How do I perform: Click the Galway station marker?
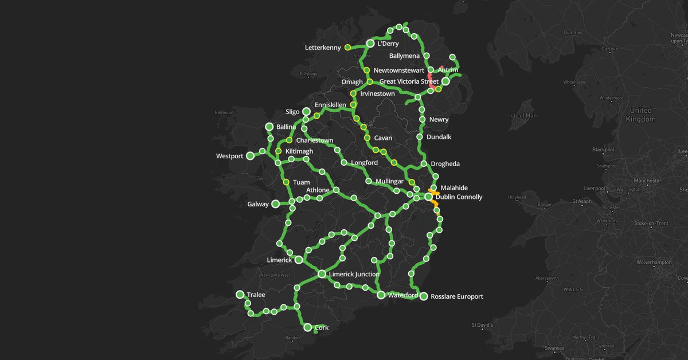pyautogui.click(x=275, y=204)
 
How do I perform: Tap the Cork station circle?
pyautogui.click(x=308, y=327)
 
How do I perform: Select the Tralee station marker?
pyautogui.click(x=240, y=295)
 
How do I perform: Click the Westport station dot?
pyautogui.click(x=250, y=156)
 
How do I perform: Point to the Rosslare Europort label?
pyautogui.click(x=456, y=296)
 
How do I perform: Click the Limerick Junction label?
pyautogui.click(x=354, y=274)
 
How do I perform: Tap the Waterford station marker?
pyautogui.click(x=381, y=295)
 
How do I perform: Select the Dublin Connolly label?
pyautogui.click(x=459, y=197)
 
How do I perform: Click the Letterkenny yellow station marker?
pyautogui.click(x=347, y=47)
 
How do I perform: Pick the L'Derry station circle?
pyautogui.click(x=370, y=44)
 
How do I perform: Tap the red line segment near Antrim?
pyautogui.click(x=431, y=80)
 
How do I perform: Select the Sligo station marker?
pyautogui.click(x=307, y=112)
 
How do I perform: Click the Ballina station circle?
pyautogui.click(x=269, y=127)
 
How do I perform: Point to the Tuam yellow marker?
pyautogui.click(x=286, y=182)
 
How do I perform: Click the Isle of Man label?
pyautogui.click(x=522, y=116)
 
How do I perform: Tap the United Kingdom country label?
pyautogui.click(x=640, y=115)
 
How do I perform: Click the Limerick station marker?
pyautogui.click(x=299, y=260)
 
